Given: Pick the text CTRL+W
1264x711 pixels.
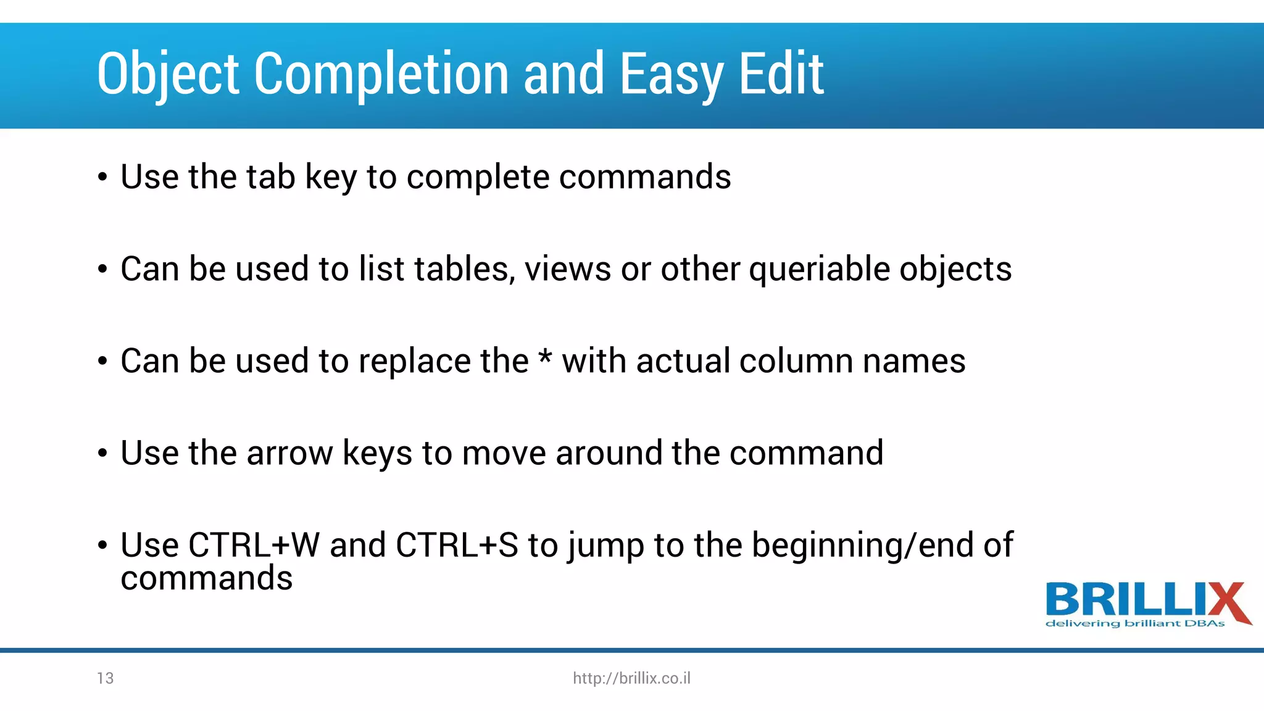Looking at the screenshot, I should pyautogui.click(x=254, y=546).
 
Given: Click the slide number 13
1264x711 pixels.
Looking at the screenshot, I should pyautogui.click(x=106, y=678).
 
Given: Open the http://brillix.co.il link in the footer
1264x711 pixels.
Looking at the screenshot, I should pyautogui.click(x=631, y=678).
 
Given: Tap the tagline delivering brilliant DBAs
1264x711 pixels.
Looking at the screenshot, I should pyautogui.click(x=1135, y=623).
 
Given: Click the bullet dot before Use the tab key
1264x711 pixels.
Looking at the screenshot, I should pyautogui.click(x=102, y=178).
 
